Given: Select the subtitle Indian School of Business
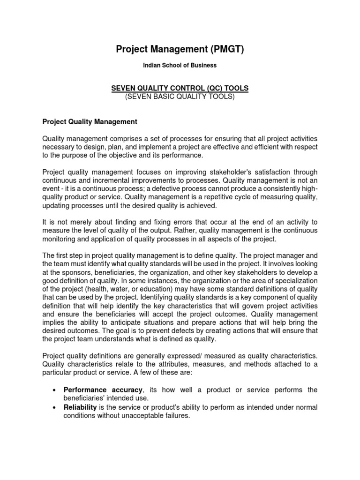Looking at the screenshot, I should [x=180, y=66].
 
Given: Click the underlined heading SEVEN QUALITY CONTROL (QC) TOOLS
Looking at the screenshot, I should [x=180, y=89].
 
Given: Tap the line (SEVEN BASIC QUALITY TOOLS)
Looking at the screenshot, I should [x=180, y=97].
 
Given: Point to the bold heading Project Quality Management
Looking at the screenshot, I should [x=90, y=122].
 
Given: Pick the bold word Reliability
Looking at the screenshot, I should [x=80, y=407].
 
